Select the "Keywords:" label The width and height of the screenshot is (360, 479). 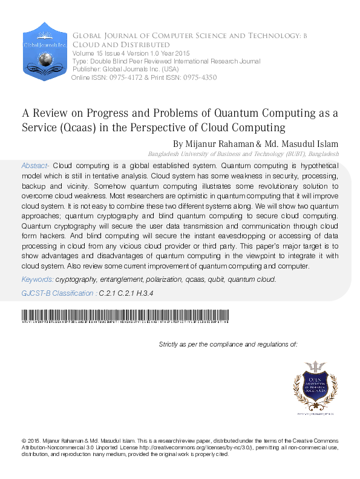37,279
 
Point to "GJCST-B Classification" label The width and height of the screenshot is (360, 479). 57,293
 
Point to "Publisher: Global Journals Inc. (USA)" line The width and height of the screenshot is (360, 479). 120,70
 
